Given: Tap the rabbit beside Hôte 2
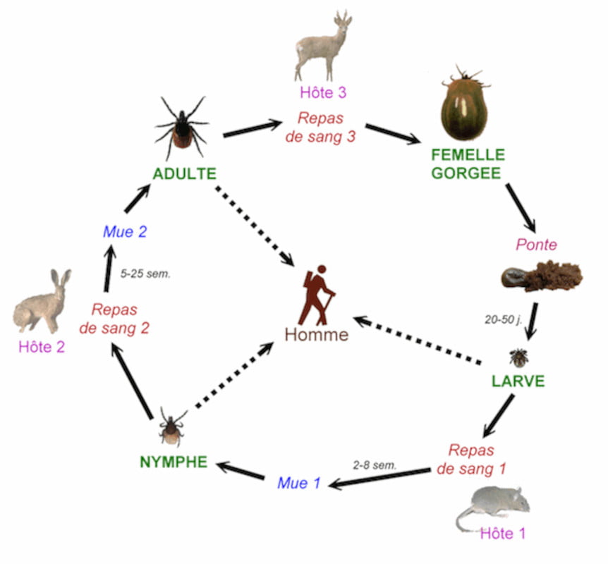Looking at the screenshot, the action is (x=42, y=302).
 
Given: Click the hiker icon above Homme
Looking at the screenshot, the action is (x=318, y=295).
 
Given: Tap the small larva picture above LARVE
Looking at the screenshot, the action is (x=518, y=357).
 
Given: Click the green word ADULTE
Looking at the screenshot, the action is (x=185, y=173).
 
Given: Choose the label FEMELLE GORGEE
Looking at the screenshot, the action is (x=468, y=164).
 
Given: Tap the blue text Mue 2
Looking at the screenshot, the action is (x=125, y=232).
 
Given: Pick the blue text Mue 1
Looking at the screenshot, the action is (x=299, y=483).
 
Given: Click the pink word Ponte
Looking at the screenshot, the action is (x=536, y=245).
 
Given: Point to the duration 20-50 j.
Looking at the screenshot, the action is (x=504, y=319).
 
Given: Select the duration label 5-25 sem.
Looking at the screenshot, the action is (x=145, y=274).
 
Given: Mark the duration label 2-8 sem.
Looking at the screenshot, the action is (x=375, y=465).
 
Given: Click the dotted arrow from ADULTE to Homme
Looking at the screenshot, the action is (x=255, y=226).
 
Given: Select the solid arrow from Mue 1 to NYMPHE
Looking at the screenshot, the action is (x=241, y=470).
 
